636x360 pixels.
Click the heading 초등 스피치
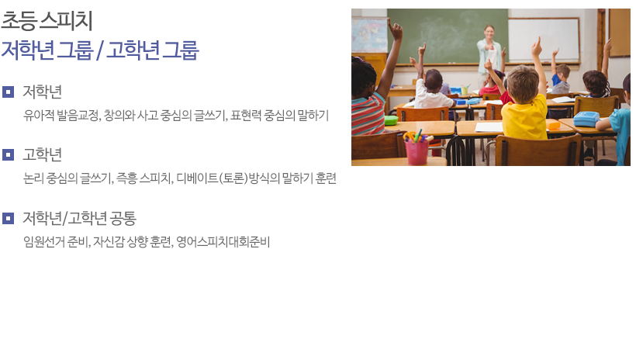click(47, 21)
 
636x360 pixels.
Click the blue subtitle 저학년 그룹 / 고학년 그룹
click(100, 50)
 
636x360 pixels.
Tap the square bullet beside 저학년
click(8, 92)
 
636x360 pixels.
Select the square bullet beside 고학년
click(8, 154)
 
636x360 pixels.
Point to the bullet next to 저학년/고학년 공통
click(8, 218)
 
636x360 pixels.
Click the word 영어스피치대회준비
click(223, 242)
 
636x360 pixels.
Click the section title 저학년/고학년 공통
click(79, 218)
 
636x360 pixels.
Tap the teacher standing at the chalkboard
click(489, 53)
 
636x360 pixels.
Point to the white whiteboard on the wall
click(544, 40)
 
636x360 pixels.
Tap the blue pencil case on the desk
click(586, 119)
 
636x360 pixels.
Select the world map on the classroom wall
click(369, 35)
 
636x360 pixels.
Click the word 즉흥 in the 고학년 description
click(126, 178)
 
